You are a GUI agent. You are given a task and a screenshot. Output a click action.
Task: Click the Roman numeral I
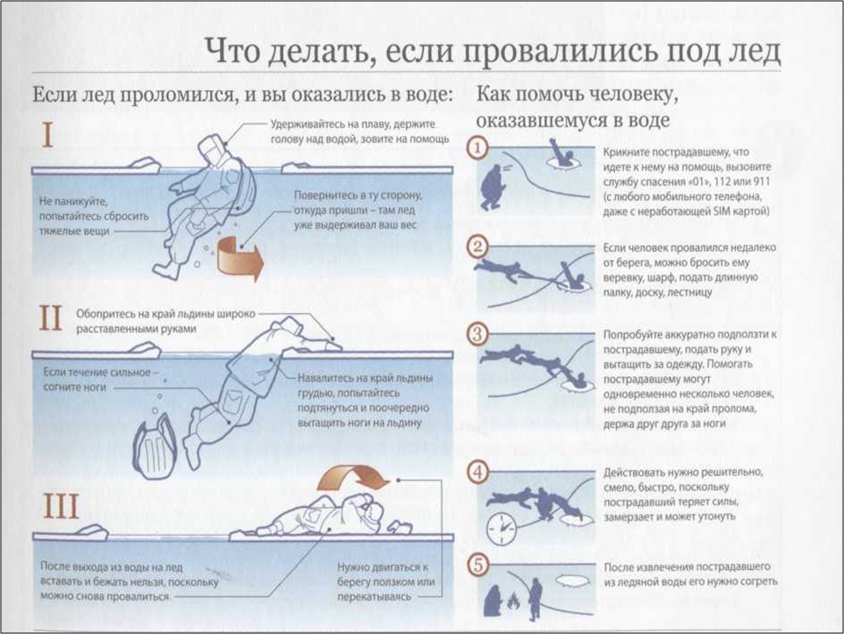pyautogui.click(x=48, y=136)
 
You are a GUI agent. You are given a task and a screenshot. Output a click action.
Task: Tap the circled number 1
pyautogui.click(x=477, y=148)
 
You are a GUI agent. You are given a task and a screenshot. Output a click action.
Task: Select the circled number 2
pyautogui.click(x=477, y=246)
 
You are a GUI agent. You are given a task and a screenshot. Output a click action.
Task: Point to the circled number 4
pyautogui.click(x=477, y=471)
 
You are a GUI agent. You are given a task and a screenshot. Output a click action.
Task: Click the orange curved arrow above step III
pyautogui.click(x=354, y=478)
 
